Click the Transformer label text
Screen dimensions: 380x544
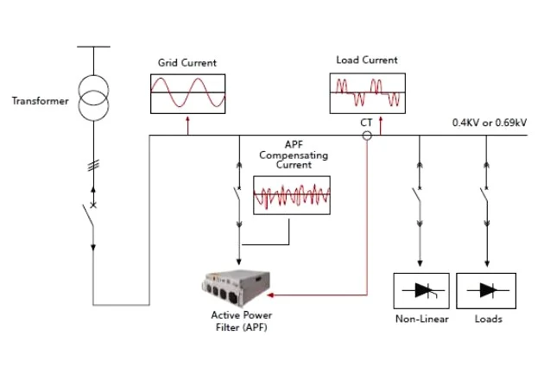click(40, 101)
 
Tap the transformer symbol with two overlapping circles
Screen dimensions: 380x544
click(93, 98)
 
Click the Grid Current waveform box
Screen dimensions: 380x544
click(187, 93)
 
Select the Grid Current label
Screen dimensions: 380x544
click(187, 63)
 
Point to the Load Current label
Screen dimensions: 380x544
click(367, 60)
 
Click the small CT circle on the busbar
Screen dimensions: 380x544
click(367, 136)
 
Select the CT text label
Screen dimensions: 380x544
click(366, 123)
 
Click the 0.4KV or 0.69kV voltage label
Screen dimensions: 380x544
click(490, 123)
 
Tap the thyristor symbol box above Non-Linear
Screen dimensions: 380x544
click(421, 290)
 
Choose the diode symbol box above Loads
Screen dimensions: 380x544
click(485, 290)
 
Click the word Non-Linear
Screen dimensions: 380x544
click(420, 319)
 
